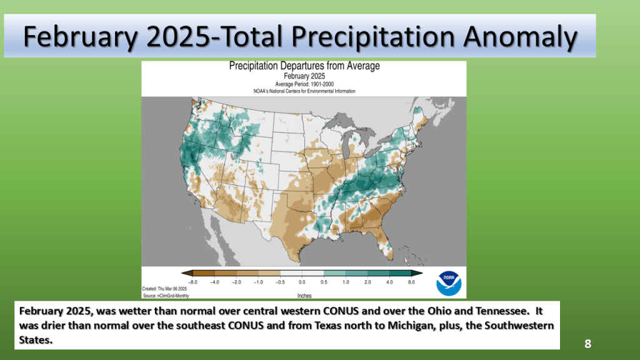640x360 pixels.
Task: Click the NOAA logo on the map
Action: (x=448, y=282)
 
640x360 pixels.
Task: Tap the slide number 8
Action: (x=587, y=343)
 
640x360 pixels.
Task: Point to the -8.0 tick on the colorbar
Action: (x=193, y=282)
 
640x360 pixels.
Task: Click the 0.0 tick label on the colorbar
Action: (x=301, y=282)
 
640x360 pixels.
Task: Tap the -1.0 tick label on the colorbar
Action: (x=258, y=282)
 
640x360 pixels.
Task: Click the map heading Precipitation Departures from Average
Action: (x=304, y=66)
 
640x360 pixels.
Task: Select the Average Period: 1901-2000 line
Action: (x=304, y=83)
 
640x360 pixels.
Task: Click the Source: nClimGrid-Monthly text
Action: (x=166, y=295)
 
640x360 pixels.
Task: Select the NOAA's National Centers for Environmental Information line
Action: (x=304, y=91)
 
